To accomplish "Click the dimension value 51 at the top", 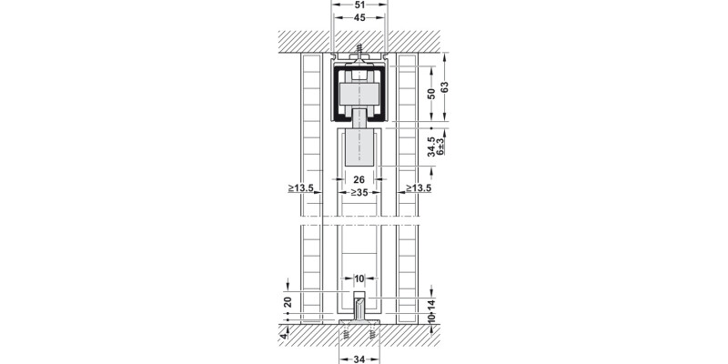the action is [359, 5].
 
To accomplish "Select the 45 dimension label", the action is [359, 17].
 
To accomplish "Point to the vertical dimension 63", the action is [445, 86].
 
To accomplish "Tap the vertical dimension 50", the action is [431, 94].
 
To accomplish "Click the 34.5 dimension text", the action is [431, 147].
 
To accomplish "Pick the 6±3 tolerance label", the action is [440, 147].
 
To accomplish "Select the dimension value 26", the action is [359, 179].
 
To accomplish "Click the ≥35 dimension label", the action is [359, 192].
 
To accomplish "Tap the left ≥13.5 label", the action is [301, 188].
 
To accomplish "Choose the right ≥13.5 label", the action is [419, 188].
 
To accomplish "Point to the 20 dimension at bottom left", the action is [288, 302].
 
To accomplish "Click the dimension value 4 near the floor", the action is [284, 335].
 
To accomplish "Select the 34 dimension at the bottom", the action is [359, 359].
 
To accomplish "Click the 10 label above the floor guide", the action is [359, 279].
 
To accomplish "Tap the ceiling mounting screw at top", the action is [359, 50].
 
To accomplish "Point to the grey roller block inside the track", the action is [359, 95].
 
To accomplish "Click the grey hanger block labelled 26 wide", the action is [359, 147].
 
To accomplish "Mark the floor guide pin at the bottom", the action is [359, 307].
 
